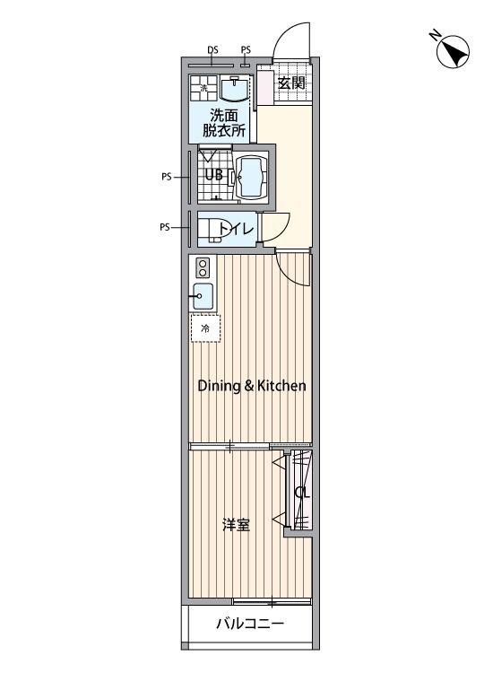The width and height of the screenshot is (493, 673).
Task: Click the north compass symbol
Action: pos(453,52)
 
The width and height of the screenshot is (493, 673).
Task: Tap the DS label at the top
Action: pos(212,49)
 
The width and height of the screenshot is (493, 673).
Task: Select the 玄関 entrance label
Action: pos(291,83)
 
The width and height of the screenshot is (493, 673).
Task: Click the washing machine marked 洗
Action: pos(204,89)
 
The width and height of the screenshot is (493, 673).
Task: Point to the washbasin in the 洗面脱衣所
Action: pos(234,88)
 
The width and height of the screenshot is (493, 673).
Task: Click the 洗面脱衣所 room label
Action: pos(224,123)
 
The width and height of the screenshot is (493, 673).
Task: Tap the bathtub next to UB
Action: pos(252,178)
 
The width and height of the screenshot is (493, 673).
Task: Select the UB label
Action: pos(214,175)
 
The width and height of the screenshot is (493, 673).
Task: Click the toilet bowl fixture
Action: pos(211,231)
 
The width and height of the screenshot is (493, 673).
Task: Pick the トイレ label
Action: pos(237,229)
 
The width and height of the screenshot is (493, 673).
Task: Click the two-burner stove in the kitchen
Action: pos(203,267)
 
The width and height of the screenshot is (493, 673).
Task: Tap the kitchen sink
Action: pos(203,296)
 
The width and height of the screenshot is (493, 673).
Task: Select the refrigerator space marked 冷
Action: pos(206,328)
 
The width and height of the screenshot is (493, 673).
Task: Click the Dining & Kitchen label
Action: pos(252,386)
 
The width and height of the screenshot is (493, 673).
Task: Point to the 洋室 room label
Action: pos(237,525)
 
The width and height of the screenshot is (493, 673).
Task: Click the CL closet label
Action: pos(302,493)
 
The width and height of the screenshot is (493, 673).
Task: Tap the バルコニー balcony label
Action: pos(249,624)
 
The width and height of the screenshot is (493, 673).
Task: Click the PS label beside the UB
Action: pos(167,177)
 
